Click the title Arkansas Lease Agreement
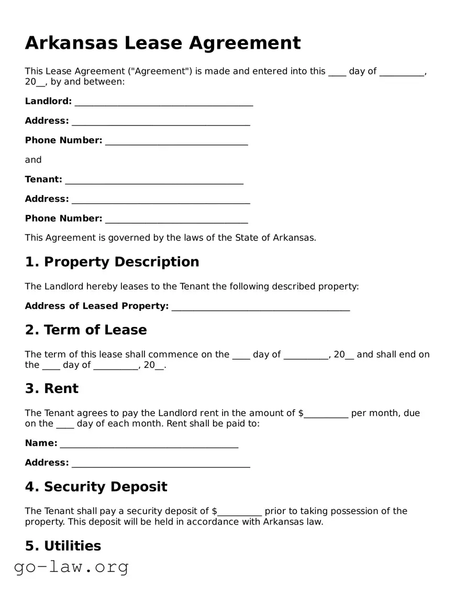click(x=163, y=43)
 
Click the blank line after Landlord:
click(x=163, y=102)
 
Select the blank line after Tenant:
click(x=154, y=180)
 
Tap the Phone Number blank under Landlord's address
click(x=176, y=141)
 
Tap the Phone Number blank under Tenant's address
click(x=176, y=220)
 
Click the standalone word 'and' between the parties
click(x=33, y=160)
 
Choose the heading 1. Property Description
click(x=112, y=262)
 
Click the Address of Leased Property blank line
click(x=260, y=307)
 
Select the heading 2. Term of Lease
click(x=86, y=330)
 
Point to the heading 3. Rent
click(x=52, y=389)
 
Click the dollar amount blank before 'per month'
click(x=326, y=414)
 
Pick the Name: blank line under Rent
click(x=149, y=444)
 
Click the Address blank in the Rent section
click(x=161, y=464)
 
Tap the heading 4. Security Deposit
click(x=96, y=487)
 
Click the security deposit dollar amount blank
click(x=239, y=512)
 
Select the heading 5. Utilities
click(x=63, y=546)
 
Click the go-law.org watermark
click(x=71, y=566)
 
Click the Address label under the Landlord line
click(x=47, y=121)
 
